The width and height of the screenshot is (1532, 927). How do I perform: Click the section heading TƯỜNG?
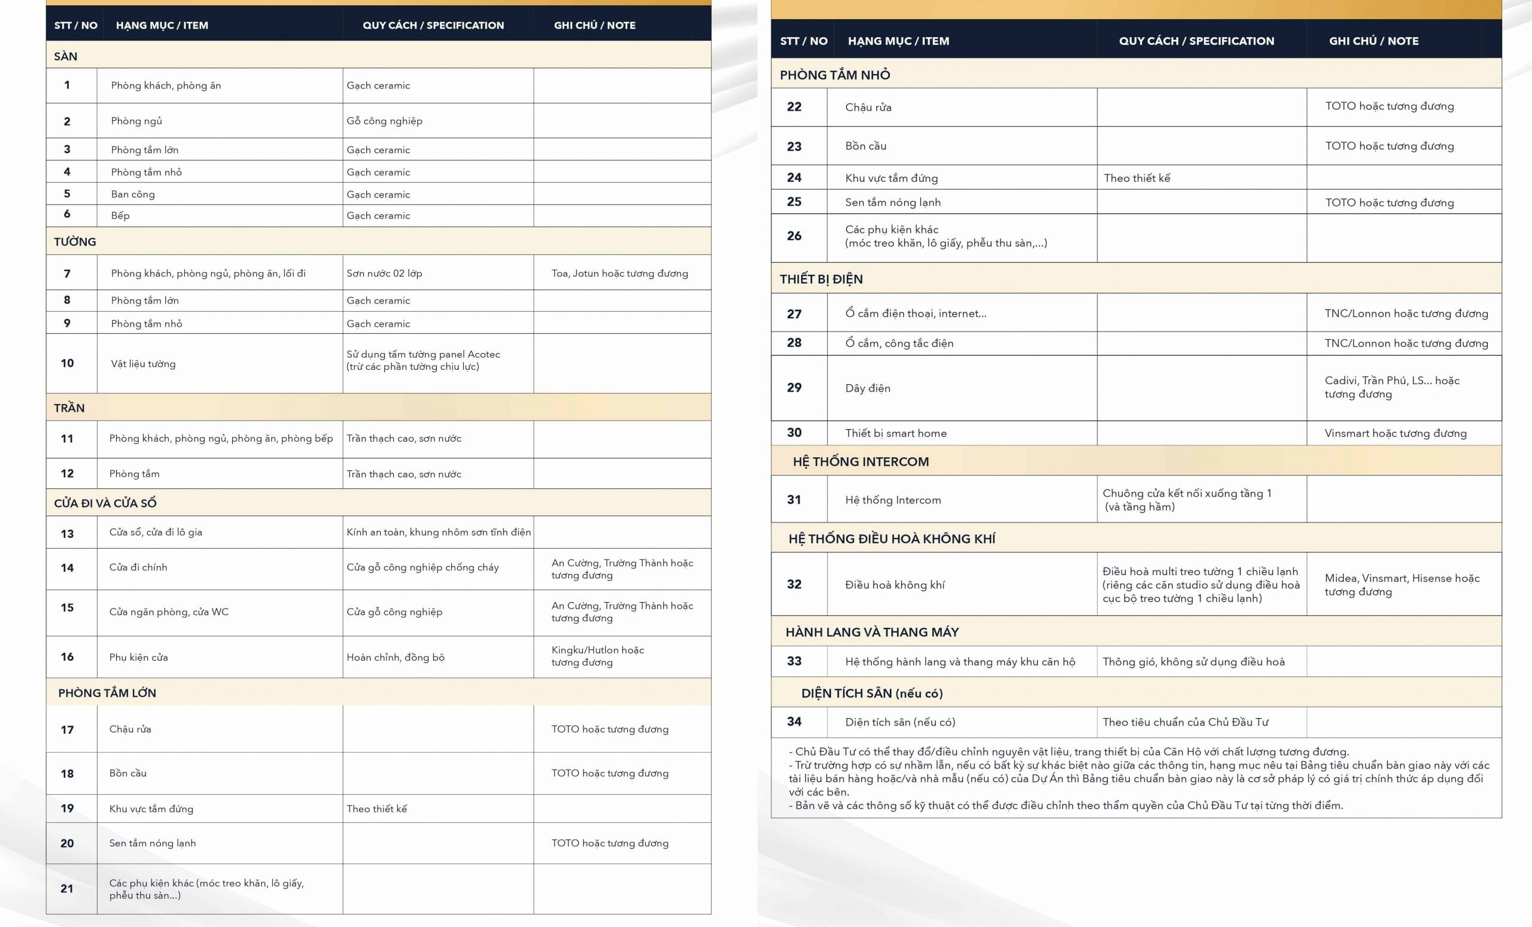(75, 241)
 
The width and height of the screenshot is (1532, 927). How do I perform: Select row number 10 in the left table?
(67, 363)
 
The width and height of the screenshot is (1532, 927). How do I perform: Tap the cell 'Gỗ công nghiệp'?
(384, 121)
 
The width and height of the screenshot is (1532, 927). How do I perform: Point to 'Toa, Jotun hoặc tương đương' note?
(619, 273)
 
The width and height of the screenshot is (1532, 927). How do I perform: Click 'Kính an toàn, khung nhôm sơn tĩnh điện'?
(438, 532)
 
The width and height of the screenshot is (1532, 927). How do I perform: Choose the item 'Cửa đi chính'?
(138, 567)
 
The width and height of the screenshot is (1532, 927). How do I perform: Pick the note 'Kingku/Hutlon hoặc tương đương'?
(597, 656)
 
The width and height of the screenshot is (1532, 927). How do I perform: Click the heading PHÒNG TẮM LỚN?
(107, 692)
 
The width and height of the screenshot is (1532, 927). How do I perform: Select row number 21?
(67, 889)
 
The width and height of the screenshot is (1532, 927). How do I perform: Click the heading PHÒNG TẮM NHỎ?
(834, 75)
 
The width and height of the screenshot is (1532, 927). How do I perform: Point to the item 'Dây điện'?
(867, 388)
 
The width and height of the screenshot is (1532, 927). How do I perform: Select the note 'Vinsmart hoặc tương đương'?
(1395, 433)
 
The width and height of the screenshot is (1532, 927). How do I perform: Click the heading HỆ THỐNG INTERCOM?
(861, 461)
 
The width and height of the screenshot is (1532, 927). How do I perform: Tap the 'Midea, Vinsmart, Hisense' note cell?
(1402, 585)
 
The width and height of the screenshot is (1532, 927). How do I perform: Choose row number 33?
(794, 661)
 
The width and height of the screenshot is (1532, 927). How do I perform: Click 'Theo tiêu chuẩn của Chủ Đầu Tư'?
(1185, 722)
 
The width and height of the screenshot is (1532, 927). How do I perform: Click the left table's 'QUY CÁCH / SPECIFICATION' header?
(433, 26)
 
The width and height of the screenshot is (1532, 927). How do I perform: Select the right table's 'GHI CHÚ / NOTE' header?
(1373, 41)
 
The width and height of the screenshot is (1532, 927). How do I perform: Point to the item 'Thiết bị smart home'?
(895, 433)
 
